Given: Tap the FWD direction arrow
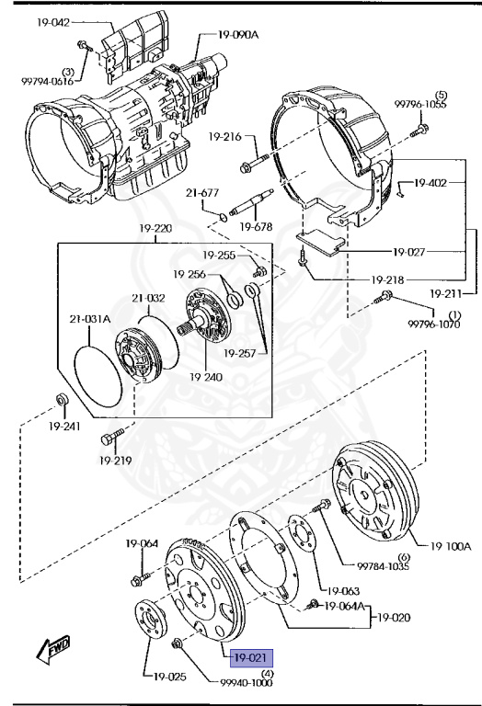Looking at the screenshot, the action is pos(53,648).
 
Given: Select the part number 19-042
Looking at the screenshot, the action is pos(53,22).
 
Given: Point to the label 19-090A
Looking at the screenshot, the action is pos(238,34).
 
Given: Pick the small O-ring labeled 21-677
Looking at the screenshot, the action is pos(223,217).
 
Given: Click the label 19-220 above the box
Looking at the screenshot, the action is pos(155,228).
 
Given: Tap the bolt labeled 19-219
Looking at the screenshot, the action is pos(111,437).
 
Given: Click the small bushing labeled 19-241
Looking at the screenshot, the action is pos(62,399).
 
